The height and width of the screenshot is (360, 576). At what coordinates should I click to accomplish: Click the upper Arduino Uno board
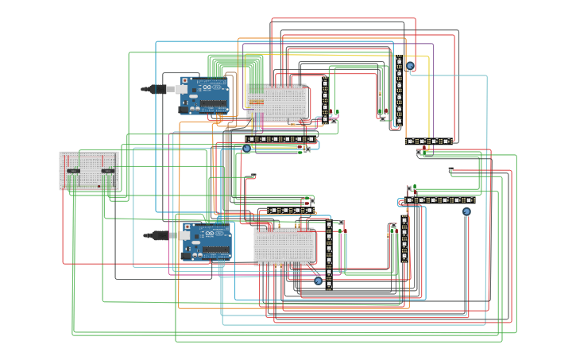(205, 95)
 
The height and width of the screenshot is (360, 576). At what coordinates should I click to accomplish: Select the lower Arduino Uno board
(207, 242)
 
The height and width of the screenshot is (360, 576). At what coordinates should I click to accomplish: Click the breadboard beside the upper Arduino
(276, 103)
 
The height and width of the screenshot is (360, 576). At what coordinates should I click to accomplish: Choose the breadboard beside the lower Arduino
(284, 246)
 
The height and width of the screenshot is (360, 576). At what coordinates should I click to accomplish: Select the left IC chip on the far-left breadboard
(73, 171)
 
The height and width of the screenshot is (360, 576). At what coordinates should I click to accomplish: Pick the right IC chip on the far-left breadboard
(108, 171)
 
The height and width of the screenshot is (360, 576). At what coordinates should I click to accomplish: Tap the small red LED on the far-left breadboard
(99, 187)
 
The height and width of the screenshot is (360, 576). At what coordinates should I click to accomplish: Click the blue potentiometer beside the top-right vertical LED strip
(410, 66)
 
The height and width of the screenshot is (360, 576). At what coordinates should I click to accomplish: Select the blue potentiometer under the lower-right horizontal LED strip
(466, 211)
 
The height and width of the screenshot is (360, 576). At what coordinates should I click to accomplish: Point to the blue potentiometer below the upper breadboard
(246, 149)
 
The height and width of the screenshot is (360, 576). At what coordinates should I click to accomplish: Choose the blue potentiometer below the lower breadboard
(318, 281)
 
